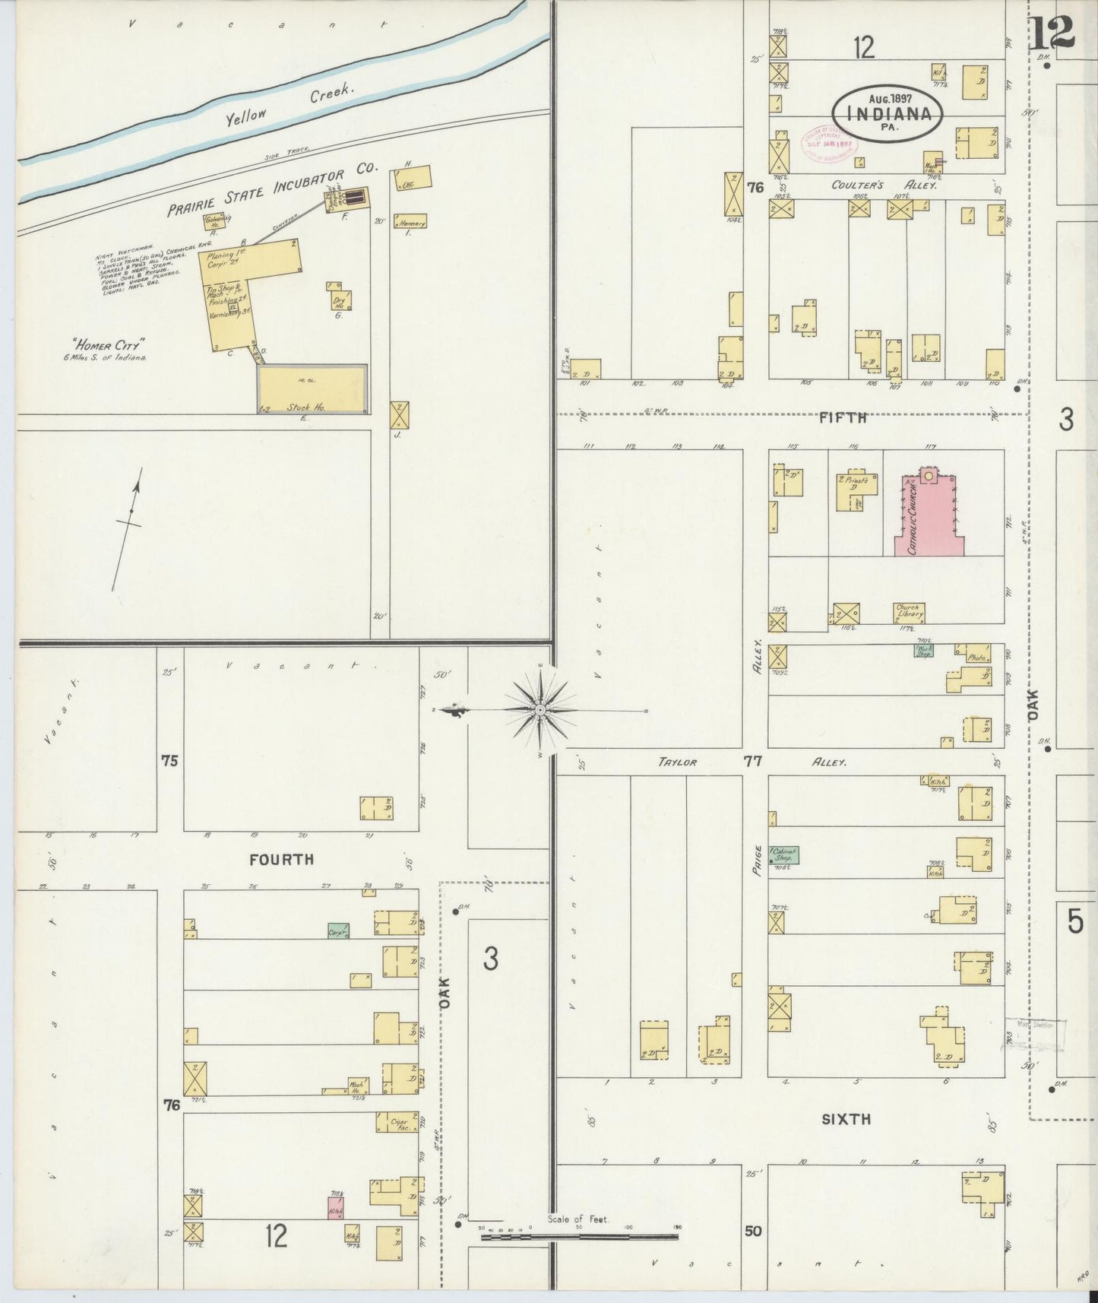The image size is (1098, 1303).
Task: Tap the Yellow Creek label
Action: (290, 103)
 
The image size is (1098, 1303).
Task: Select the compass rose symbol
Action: (539, 710)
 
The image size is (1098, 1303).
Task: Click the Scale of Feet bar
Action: (579, 1238)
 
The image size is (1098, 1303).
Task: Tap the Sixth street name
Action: (846, 1118)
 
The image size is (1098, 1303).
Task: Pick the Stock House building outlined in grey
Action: (312, 388)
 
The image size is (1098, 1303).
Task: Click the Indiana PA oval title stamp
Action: (887, 114)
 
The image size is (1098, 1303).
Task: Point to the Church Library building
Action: (909, 612)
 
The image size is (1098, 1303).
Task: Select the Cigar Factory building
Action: (397, 1122)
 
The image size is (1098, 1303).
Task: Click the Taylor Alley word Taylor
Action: (678, 762)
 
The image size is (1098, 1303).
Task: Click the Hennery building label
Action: (410, 221)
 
